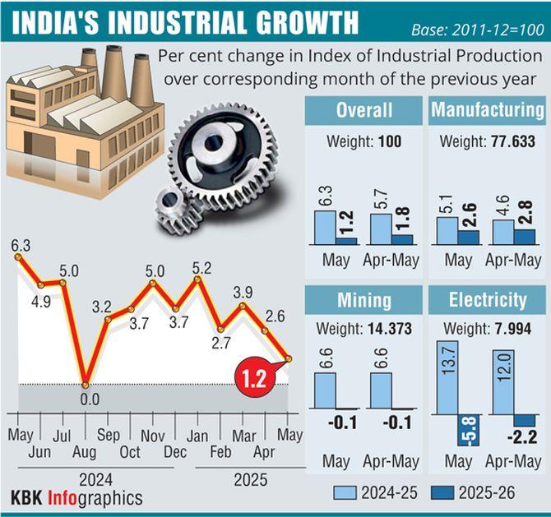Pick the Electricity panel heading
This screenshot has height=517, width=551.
pyautogui.click(x=487, y=300)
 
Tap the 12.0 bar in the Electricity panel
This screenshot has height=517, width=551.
pyautogui.click(x=502, y=381)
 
